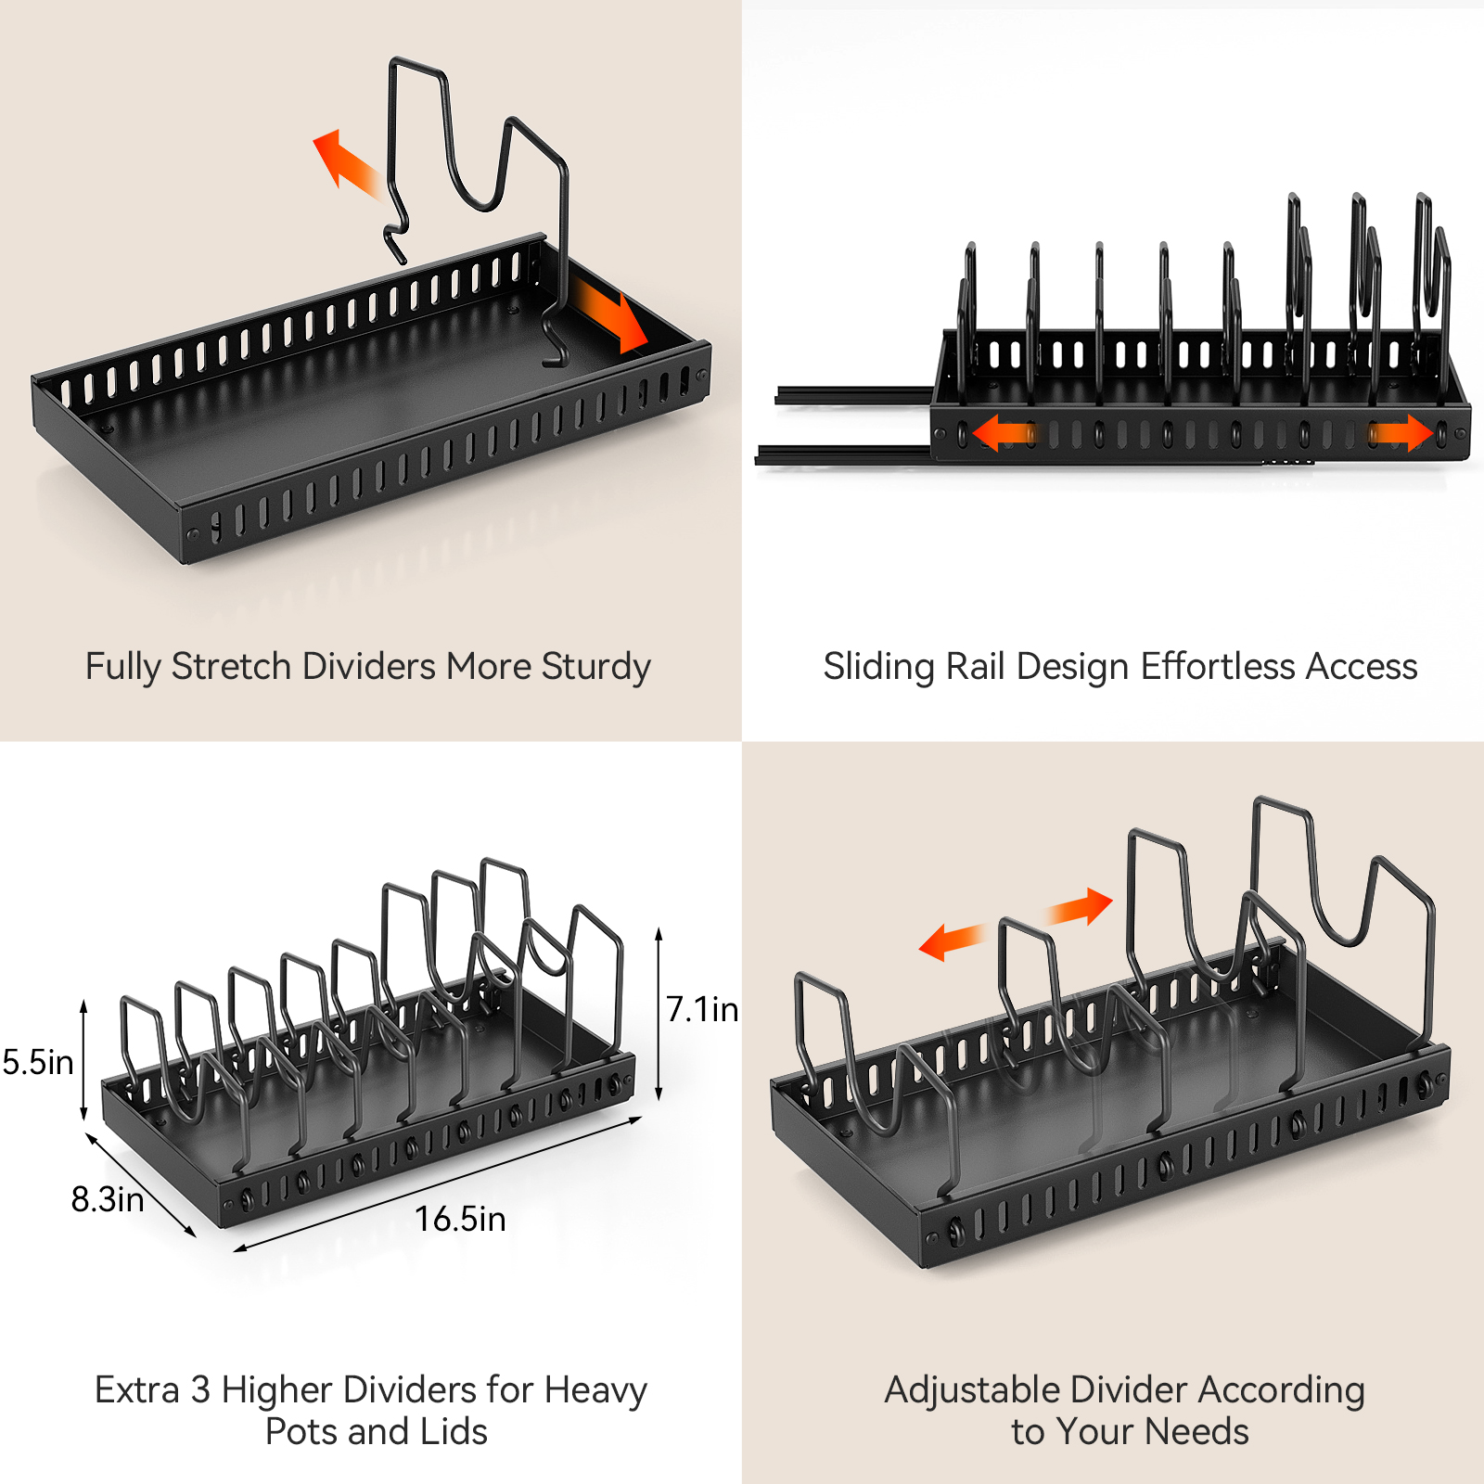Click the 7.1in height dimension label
click(702, 1009)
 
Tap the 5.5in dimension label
click(38, 1063)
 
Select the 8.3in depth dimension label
click(108, 1199)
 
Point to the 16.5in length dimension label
click(460, 1219)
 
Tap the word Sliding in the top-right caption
click(878, 668)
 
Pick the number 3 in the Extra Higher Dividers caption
click(200, 1390)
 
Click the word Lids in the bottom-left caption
click(454, 1432)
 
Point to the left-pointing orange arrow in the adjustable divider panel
click(951, 942)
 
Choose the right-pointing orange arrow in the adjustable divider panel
click(1081, 907)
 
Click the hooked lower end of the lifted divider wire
click(396, 243)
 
